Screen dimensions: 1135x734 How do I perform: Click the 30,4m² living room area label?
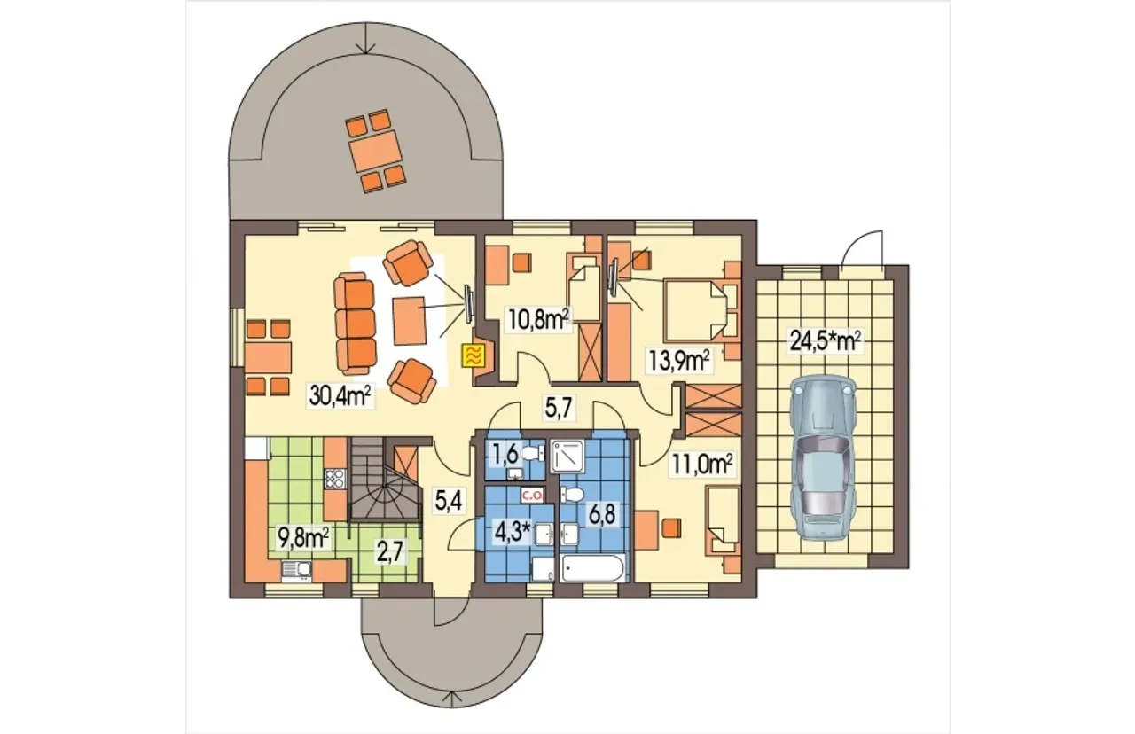coord(341,396)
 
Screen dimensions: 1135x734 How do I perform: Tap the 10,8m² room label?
coord(538,319)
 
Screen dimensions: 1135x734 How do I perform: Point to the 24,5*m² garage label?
coord(825,341)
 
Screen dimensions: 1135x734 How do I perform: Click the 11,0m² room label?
coord(702,464)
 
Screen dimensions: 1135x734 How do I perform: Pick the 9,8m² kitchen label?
coord(303,537)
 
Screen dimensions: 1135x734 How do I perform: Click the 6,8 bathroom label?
coord(601,515)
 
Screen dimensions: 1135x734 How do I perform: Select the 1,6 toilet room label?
coord(505,455)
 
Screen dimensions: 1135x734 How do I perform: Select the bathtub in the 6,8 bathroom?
coord(593,568)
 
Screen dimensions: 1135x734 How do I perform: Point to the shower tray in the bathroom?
coord(567,457)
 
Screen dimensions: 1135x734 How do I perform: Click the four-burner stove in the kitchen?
coord(334,480)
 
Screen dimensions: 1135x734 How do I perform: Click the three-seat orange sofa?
coord(356,318)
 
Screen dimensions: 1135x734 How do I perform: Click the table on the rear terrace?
coord(375,151)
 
